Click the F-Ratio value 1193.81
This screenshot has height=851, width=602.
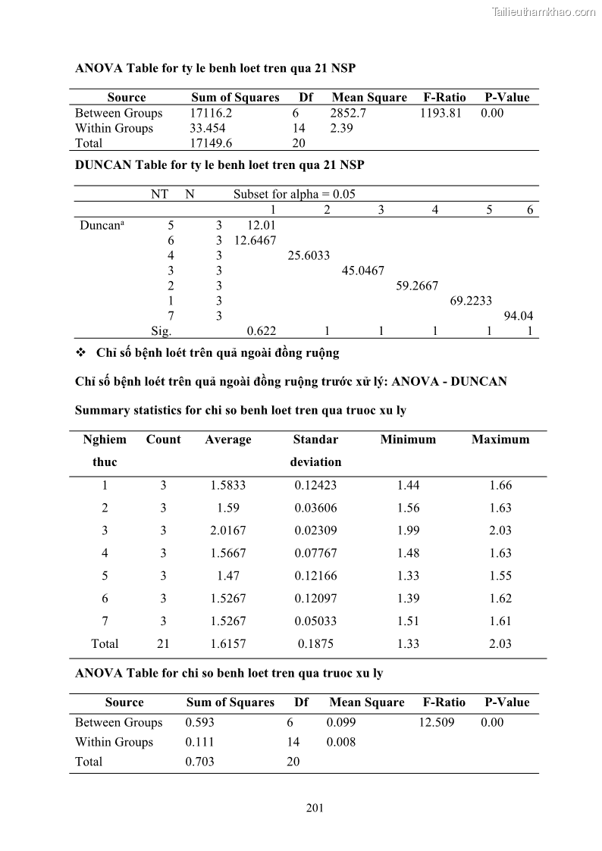click(x=440, y=113)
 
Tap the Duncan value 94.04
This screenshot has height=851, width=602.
click(x=519, y=316)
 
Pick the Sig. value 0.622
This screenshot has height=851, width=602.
click(x=262, y=330)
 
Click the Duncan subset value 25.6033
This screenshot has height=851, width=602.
click(x=309, y=255)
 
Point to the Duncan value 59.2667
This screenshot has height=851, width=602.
click(x=417, y=286)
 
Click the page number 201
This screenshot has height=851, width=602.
click(x=315, y=807)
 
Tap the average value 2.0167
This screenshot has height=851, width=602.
click(x=227, y=530)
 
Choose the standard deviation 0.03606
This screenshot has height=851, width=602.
click(x=315, y=508)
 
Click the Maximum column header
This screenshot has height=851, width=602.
click(x=500, y=440)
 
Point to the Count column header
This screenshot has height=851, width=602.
click(x=163, y=440)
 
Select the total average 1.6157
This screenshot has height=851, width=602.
click(x=227, y=643)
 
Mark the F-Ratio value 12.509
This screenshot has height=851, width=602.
click(x=436, y=722)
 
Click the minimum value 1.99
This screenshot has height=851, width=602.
click(x=408, y=530)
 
